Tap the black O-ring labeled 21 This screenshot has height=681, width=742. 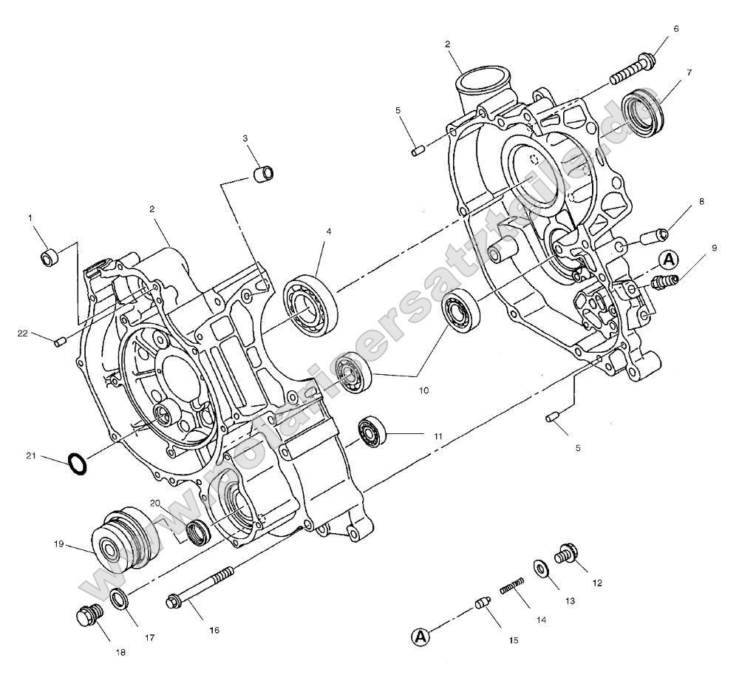77,464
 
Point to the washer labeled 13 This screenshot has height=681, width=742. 541,569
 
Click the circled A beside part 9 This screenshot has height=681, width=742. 669,260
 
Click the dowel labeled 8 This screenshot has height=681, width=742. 656,237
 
